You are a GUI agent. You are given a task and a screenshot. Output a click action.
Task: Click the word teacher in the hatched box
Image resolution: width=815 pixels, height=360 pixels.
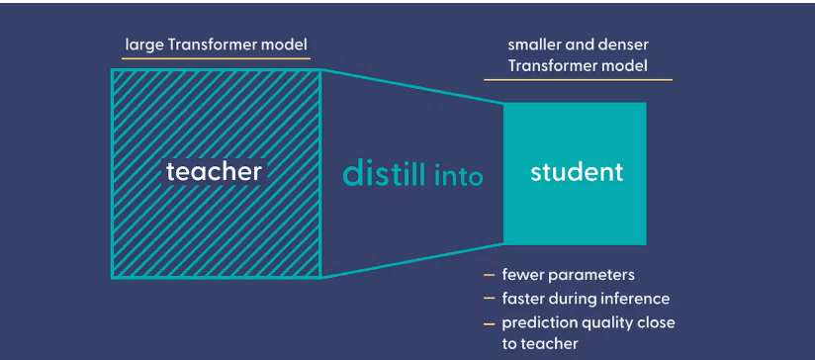(x=214, y=172)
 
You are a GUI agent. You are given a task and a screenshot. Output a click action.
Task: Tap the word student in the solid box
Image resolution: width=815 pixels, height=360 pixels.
(x=577, y=172)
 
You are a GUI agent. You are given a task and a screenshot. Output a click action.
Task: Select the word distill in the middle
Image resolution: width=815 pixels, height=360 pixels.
(x=384, y=173)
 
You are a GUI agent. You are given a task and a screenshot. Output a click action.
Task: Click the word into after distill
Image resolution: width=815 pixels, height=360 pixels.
(x=458, y=177)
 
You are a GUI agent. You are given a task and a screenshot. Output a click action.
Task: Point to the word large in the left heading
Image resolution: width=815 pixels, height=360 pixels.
(x=142, y=45)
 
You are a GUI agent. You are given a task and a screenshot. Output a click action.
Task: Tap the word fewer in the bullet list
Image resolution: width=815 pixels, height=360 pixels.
(x=523, y=275)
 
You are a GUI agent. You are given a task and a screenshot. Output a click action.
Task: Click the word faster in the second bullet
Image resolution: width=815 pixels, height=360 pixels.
(x=524, y=299)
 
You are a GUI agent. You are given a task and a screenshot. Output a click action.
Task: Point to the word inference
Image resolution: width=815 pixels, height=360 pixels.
(x=635, y=299)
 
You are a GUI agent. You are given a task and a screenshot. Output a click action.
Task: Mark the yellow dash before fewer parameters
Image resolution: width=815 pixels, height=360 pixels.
(x=489, y=275)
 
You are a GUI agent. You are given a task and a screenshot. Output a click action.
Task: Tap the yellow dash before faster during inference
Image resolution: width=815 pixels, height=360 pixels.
(x=489, y=299)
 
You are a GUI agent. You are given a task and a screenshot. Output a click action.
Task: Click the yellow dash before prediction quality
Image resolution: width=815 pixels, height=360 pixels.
(x=489, y=323)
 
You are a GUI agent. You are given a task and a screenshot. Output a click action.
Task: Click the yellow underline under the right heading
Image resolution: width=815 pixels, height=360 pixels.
(x=578, y=80)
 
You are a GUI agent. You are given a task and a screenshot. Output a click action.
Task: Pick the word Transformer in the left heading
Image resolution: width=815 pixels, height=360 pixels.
(x=219, y=45)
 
